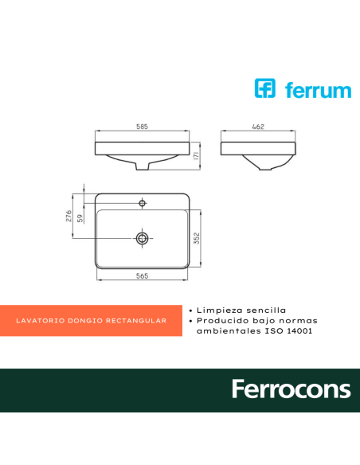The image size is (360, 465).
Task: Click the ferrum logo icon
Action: [x=264, y=88]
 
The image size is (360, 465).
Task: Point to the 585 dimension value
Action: [x=142, y=127]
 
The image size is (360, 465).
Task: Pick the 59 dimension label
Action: [x=80, y=220]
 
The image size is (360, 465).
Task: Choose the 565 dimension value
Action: [x=142, y=275]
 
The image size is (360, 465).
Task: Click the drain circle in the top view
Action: [x=142, y=237]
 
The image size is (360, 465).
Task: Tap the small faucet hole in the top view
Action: [x=142, y=204]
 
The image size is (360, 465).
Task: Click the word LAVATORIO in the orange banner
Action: [x=39, y=321]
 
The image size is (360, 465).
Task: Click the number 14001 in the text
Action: [x=295, y=330]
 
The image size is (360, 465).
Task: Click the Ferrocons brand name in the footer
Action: [x=291, y=389]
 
